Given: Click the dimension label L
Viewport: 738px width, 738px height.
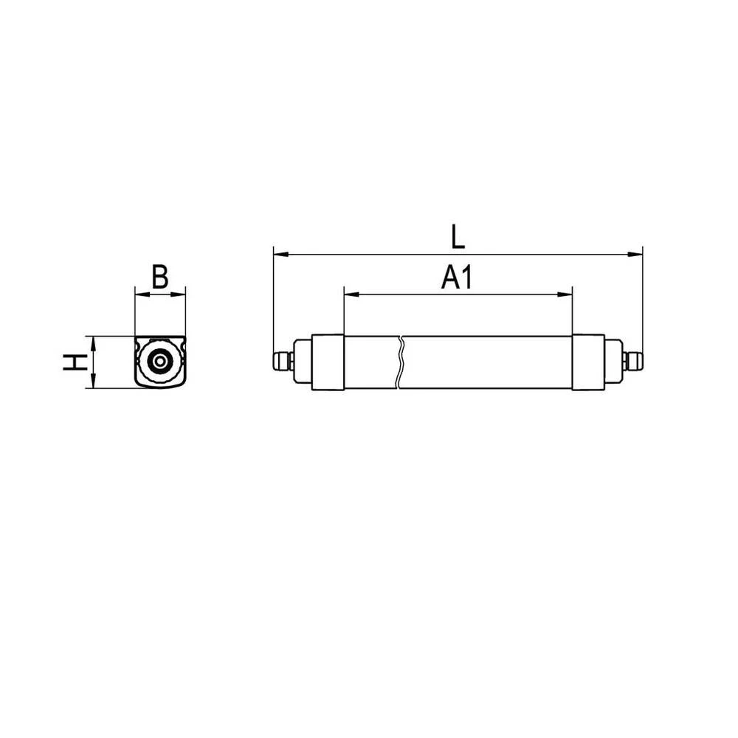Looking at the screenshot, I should coord(458,236).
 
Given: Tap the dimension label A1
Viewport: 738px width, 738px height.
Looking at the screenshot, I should coord(457,278).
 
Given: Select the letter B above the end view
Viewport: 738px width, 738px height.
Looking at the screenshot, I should coord(160,277).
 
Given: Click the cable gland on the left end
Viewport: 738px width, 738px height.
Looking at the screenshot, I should coord(280,362).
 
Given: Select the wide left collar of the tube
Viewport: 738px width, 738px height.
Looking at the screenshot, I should coord(328,362).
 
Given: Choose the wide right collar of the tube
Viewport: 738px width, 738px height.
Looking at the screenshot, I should coord(588,362).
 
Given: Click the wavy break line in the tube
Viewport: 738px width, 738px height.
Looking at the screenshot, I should coord(400,362).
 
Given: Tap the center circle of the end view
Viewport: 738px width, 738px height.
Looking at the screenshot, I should coord(160,362).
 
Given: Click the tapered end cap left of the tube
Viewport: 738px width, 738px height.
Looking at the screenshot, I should coord(303,362).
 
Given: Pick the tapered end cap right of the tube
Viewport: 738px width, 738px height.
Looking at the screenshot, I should coord(613,362).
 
